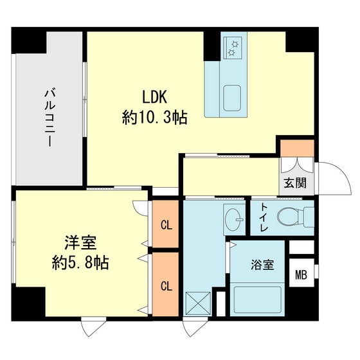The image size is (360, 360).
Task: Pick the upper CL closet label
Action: coord(166,225)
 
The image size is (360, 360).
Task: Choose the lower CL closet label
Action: coord(166,285)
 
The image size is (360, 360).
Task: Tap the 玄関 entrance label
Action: coord(296,183)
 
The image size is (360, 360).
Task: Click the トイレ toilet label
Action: coord(264,217)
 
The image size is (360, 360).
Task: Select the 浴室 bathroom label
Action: coord(262,265)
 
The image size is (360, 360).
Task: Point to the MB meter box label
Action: coord(301,276)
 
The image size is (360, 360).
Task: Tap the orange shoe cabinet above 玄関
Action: coord(296,147)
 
